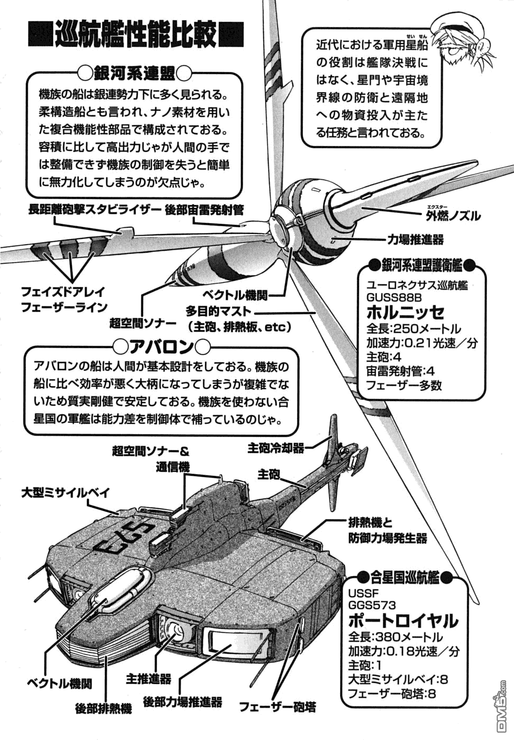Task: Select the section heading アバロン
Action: [162, 347]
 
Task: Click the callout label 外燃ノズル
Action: [453, 216]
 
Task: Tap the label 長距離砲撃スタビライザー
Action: [94, 210]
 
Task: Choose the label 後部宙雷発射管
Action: [204, 210]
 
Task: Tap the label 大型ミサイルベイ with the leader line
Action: [66, 493]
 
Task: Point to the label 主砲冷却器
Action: [276, 448]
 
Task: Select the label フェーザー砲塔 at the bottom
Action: [278, 706]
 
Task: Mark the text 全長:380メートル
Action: [396, 637]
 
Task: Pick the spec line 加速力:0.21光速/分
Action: [421, 343]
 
